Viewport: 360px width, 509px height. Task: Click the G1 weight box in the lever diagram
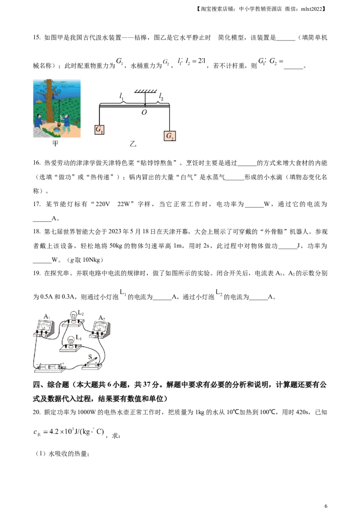click(99, 129)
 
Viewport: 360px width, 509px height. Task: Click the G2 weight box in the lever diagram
click(170, 136)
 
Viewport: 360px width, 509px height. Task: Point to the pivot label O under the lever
click(144, 112)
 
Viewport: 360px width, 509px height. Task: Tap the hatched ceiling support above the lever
click(145, 92)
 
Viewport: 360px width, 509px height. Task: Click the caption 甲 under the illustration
click(55, 143)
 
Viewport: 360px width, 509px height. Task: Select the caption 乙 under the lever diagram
click(133, 143)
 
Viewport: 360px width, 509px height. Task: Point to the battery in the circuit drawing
click(49, 367)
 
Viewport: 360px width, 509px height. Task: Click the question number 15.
click(37, 37)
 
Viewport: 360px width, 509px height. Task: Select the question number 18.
click(37, 232)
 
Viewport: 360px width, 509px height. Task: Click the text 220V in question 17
click(103, 204)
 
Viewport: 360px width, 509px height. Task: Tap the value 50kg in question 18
click(116, 246)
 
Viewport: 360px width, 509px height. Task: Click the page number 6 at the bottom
click(326, 506)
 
